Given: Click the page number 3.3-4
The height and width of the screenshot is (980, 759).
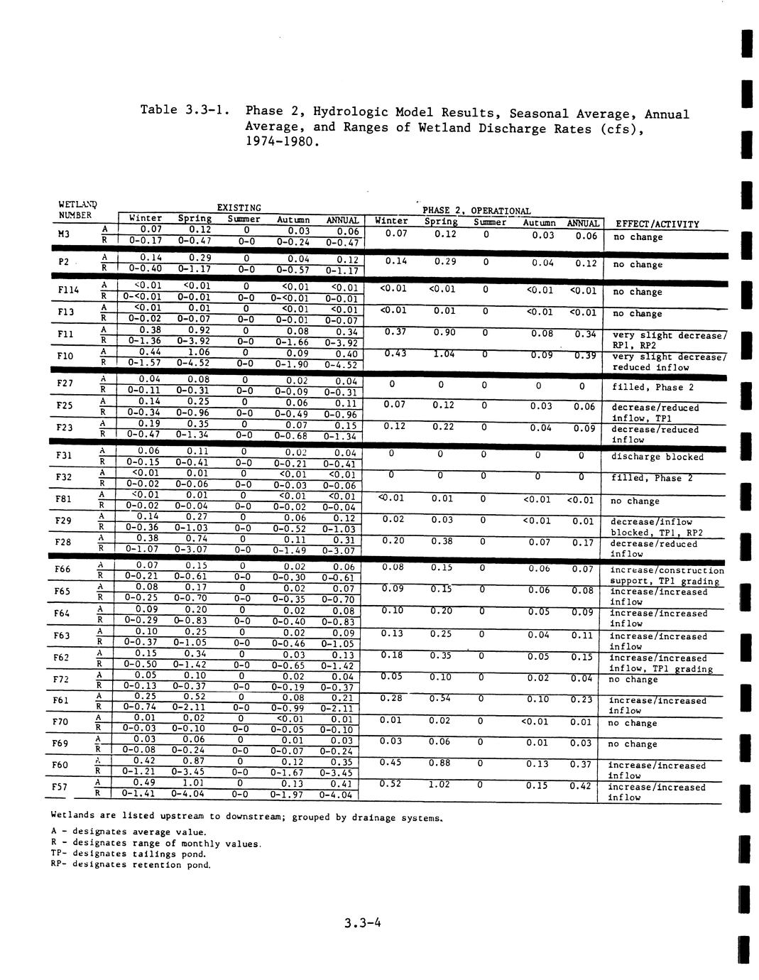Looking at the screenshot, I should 362,923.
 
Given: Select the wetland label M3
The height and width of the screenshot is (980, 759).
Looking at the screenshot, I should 64,234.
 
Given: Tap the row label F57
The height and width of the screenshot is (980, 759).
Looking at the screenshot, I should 61,787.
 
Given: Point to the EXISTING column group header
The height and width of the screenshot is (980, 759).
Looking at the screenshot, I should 239,207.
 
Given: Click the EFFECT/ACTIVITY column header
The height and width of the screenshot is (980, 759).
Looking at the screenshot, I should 657,224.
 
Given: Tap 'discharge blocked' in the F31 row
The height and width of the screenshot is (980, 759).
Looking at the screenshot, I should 657,457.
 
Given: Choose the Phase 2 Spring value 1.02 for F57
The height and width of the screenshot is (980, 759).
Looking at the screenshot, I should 440,784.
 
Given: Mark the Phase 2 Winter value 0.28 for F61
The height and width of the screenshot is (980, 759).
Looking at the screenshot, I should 392,698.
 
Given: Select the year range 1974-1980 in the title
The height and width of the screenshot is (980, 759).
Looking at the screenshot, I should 278,142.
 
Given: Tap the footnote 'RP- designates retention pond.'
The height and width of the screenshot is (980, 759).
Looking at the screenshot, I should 131,865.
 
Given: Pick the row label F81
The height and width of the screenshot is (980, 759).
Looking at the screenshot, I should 62,499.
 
